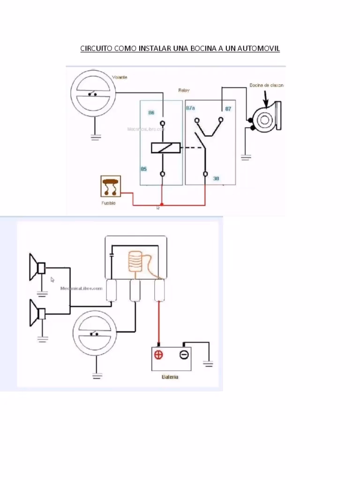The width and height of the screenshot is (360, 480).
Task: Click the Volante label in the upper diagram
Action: click(120, 77)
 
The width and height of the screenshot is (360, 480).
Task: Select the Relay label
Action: click(184, 90)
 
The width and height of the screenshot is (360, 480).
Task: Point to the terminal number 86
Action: click(151, 112)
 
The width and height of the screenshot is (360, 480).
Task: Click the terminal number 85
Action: click(144, 169)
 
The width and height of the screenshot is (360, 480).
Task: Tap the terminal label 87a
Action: click(191, 108)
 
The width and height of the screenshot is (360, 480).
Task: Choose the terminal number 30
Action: click(216, 179)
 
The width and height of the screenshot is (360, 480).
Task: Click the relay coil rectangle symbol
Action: click(162, 148)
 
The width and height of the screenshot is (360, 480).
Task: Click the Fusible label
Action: click(108, 203)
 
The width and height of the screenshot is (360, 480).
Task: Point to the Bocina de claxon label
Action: click(266, 85)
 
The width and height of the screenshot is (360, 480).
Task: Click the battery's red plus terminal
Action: click(159, 355)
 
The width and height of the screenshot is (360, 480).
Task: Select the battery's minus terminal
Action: click(184, 355)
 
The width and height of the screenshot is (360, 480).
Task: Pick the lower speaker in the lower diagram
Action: click(36, 313)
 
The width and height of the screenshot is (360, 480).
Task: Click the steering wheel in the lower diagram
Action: click(96, 333)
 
